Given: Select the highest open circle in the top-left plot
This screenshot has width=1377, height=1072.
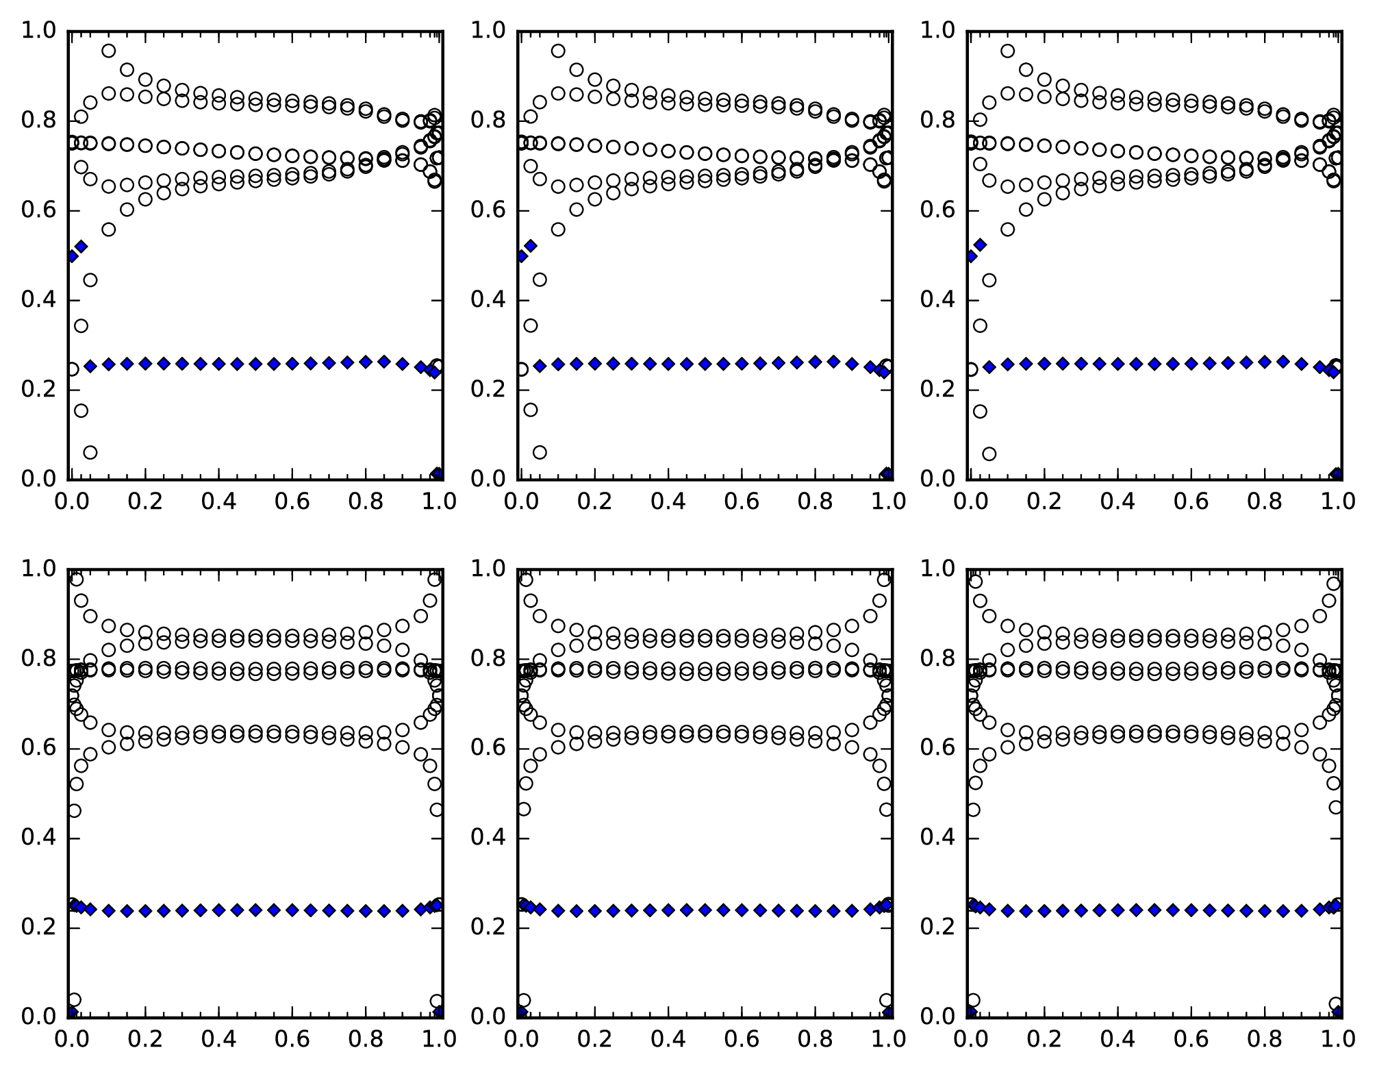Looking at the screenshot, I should click(x=108, y=51).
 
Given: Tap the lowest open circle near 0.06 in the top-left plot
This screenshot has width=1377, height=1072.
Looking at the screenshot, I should click(x=90, y=452).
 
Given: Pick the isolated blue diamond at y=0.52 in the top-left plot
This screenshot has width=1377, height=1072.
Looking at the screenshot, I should click(x=81, y=246).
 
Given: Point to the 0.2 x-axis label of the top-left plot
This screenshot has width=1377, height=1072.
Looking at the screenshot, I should click(x=146, y=501).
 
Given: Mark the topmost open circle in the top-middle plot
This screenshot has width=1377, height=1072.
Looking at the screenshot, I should click(x=558, y=51).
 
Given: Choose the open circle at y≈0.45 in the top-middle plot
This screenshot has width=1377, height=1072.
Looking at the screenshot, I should click(x=540, y=279).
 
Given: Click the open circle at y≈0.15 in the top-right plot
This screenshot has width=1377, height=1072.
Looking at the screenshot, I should click(x=980, y=411).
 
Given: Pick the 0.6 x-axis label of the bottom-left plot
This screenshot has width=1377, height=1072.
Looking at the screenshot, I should click(x=292, y=1039).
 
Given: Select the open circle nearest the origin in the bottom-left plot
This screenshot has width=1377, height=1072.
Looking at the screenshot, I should click(x=75, y=1000).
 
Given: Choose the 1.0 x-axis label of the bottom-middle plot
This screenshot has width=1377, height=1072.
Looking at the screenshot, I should click(x=888, y=1039).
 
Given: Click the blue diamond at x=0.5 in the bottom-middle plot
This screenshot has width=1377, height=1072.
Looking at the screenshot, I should click(x=705, y=910).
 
